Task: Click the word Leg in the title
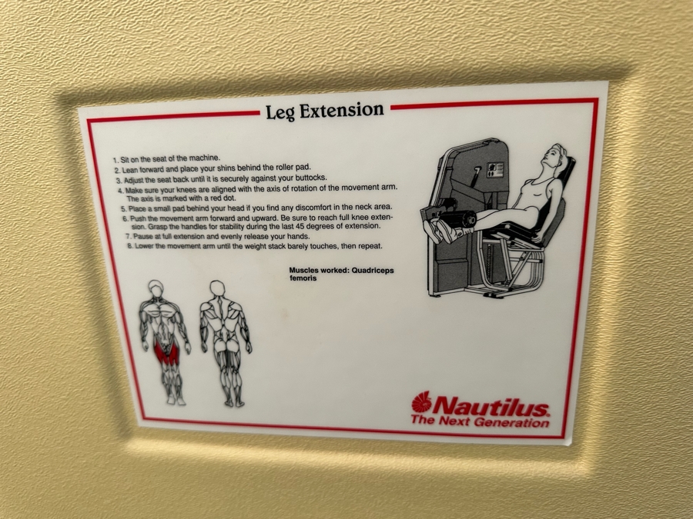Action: [280, 112]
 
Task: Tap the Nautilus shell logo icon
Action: [421, 403]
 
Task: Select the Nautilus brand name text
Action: [491, 406]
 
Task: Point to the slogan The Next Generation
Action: [480, 421]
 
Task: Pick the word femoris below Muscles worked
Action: [303, 278]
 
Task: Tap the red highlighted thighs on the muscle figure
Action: [165, 351]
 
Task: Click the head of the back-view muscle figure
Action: [217, 288]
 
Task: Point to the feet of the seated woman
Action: [435, 228]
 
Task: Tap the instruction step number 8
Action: [130, 246]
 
